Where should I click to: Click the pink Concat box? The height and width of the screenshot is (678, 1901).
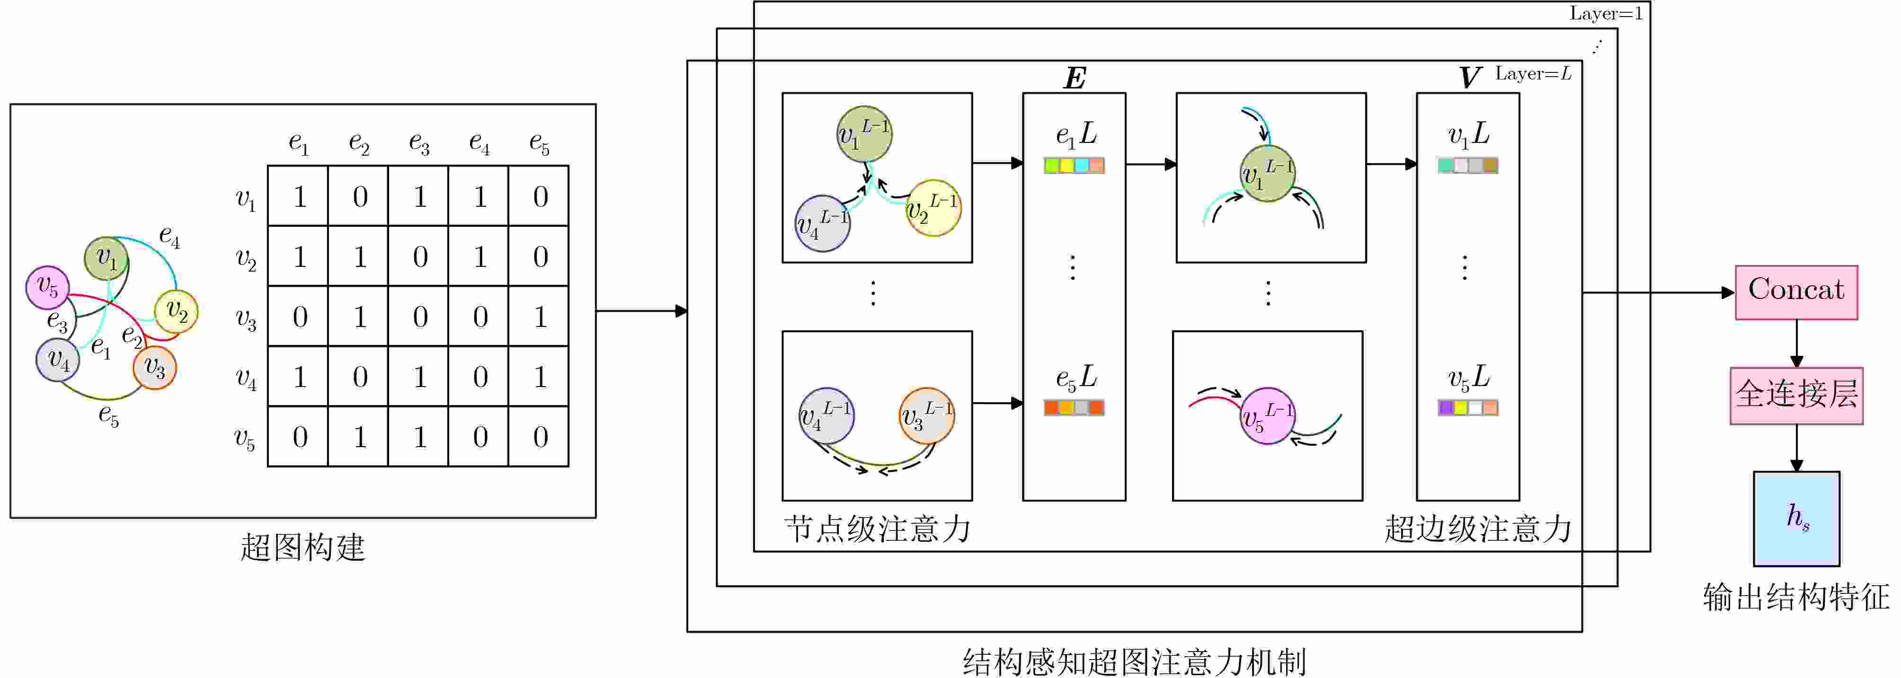[1796, 292]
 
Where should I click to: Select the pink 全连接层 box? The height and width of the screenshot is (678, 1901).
[1796, 396]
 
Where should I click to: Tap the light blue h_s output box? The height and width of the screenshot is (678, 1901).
[1796, 519]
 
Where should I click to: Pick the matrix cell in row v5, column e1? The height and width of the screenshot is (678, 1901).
[299, 437]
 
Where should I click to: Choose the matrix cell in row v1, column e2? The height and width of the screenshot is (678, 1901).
[359, 196]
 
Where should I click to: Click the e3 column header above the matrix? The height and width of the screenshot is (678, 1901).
[419, 142]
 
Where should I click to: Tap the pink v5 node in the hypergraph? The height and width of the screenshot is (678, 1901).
[48, 287]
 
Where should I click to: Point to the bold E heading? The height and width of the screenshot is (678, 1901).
[1075, 78]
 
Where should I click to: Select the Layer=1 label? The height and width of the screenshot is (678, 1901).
[1606, 13]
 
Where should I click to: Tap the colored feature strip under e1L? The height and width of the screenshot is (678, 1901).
[1074, 165]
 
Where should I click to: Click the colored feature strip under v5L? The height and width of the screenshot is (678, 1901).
[1468, 407]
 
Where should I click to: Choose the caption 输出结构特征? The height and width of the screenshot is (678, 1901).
[1796, 597]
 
